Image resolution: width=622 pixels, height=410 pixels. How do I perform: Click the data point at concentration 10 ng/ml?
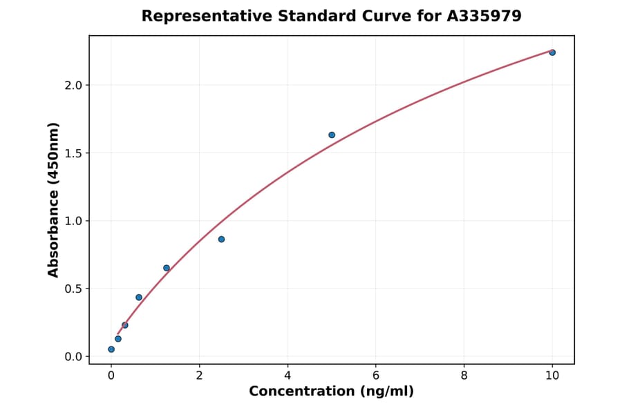pos(552,52)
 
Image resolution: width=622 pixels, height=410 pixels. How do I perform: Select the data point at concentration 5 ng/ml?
pos(332,135)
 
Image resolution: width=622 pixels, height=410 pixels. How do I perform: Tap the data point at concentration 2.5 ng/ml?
pos(221,240)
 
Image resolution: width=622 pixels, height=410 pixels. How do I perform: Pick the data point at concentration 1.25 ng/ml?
pos(167,268)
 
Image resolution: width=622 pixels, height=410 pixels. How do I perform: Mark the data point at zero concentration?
pos(111,349)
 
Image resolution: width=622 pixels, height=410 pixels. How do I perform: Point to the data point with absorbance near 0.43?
pos(139,297)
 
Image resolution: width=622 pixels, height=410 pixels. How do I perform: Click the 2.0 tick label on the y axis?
pos(73,85)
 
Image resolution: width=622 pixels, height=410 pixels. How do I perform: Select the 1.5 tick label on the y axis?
pos(73,153)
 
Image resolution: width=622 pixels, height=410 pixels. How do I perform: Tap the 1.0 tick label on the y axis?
pos(73,221)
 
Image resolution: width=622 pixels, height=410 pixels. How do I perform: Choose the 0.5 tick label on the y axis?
pos(73,289)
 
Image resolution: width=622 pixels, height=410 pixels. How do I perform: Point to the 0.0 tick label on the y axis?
pos(73,357)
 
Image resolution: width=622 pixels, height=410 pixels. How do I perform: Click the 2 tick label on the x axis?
pos(199,376)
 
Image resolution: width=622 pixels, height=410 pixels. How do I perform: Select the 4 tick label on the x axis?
pos(288,376)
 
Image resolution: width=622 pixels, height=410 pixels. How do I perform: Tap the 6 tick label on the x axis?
pos(376,376)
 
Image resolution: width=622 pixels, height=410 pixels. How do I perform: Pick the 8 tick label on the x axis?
pos(464,376)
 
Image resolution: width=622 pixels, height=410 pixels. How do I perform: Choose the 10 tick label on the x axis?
pos(552,376)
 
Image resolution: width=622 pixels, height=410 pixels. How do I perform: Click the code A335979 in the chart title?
pos(484,16)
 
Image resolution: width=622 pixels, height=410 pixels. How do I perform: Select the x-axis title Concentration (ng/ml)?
pos(331,392)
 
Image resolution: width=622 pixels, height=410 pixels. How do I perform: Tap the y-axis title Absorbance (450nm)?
pos(54,200)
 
